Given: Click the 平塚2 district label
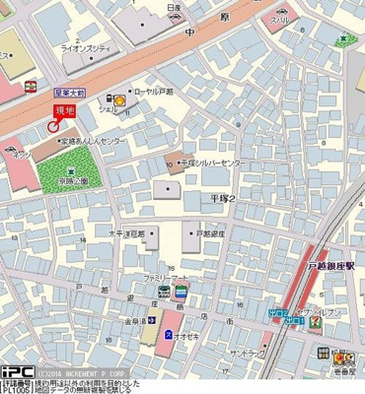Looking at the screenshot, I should click(222, 198).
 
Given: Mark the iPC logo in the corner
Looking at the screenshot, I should click(18, 371).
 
